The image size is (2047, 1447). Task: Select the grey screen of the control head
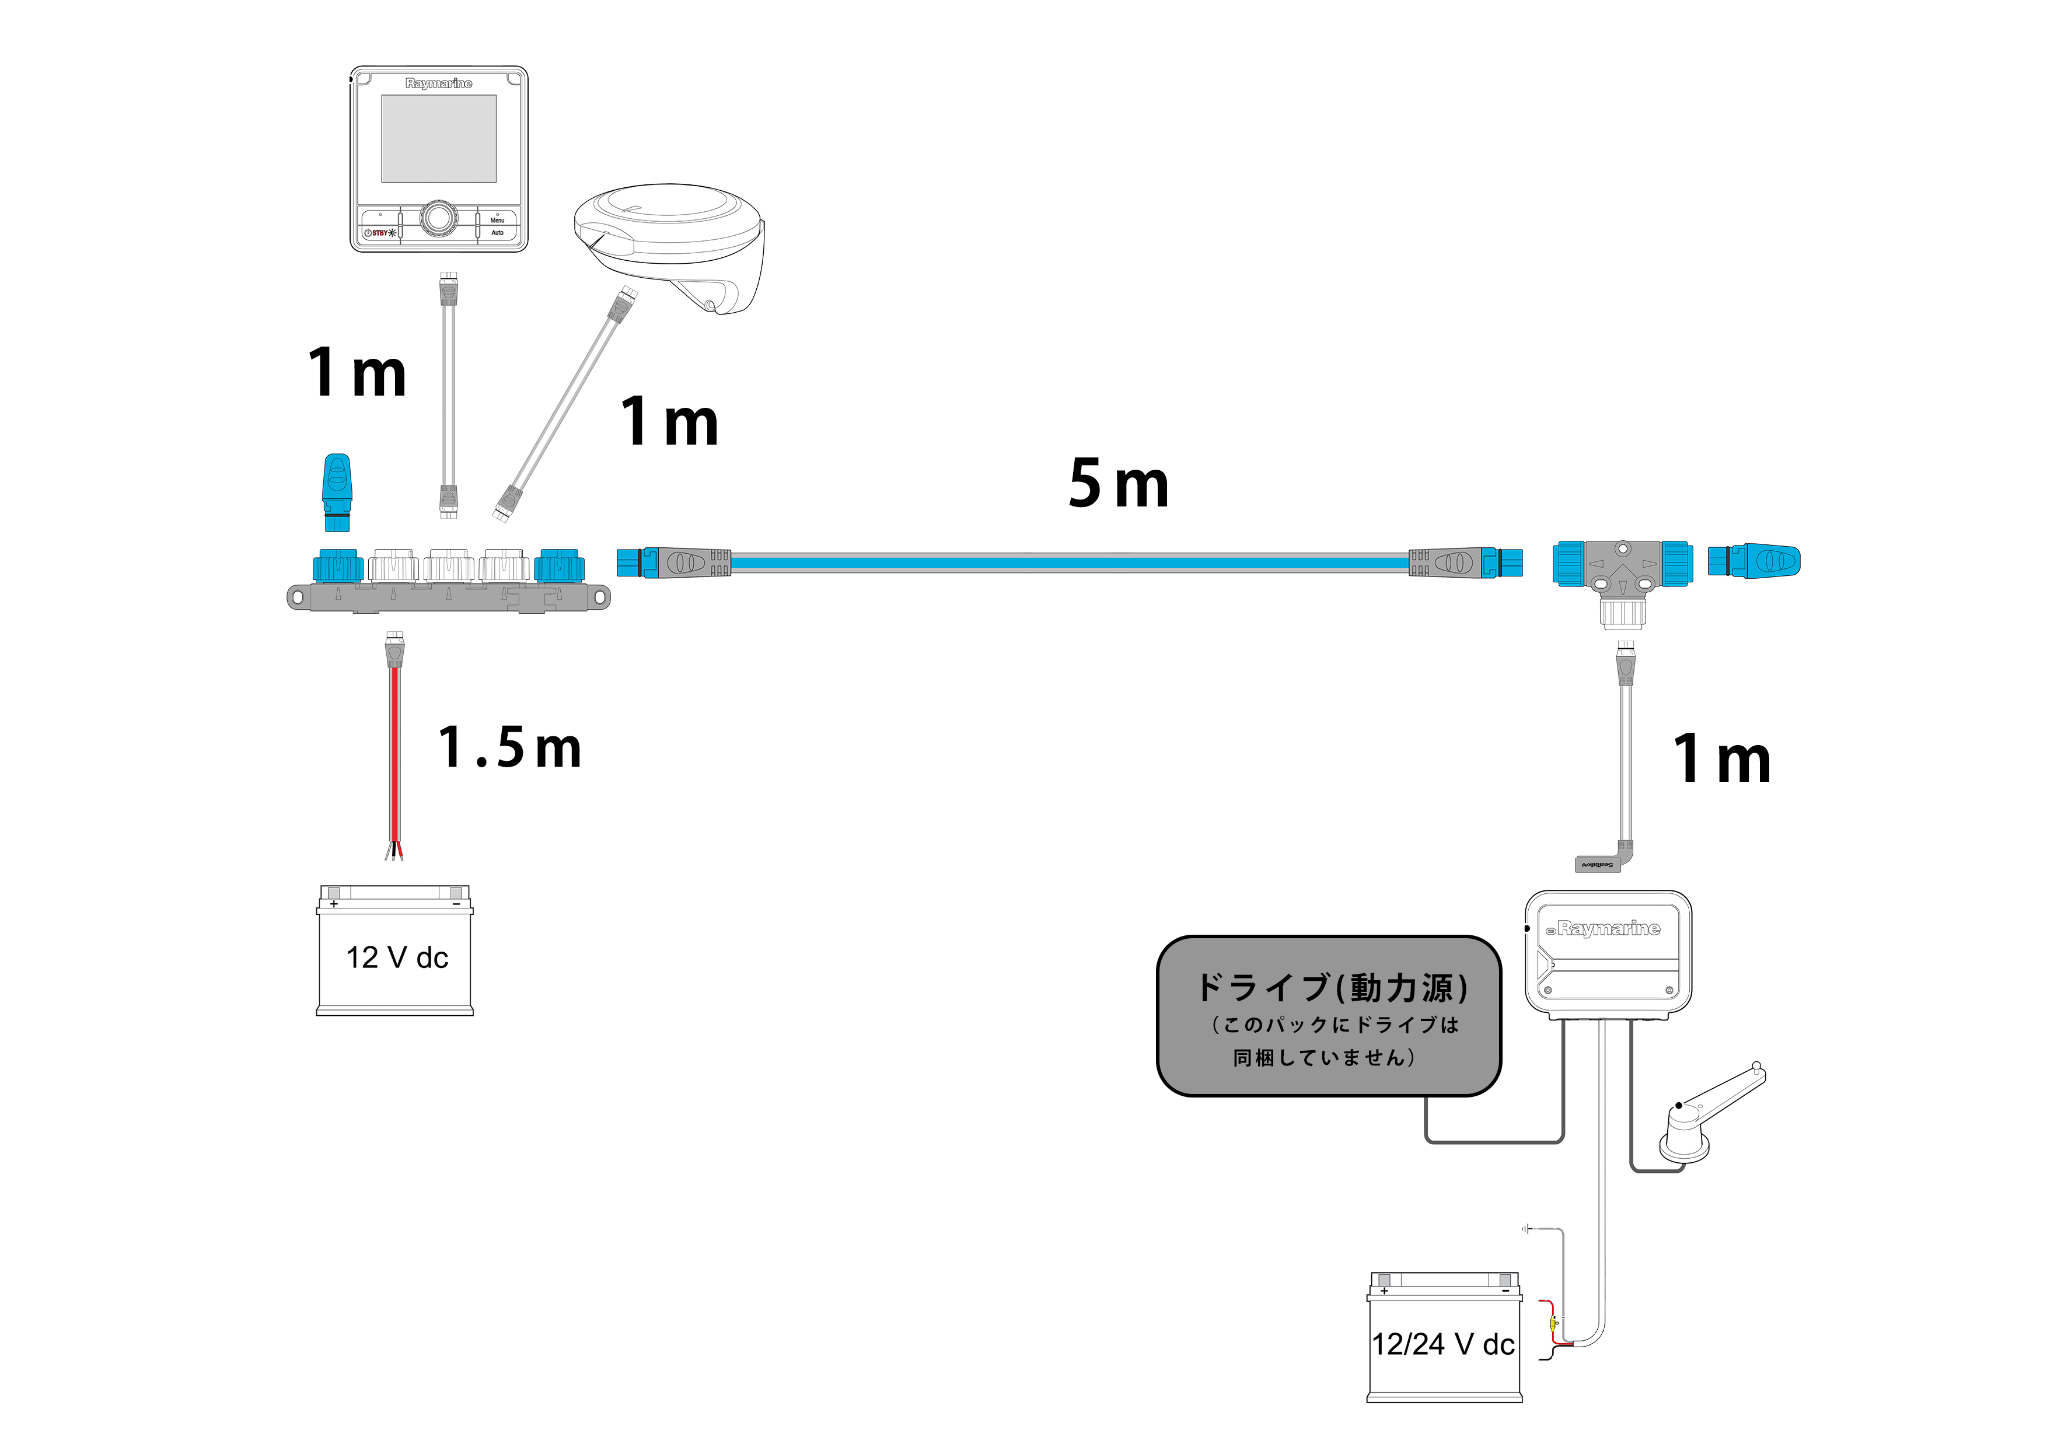click(x=439, y=138)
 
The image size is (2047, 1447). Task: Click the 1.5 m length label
click(x=509, y=747)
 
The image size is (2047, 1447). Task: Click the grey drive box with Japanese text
click(x=1329, y=1016)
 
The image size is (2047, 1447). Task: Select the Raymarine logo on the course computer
click(x=1608, y=929)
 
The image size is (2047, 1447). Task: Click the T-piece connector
click(x=1623, y=571)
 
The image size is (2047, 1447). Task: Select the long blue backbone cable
click(x=1070, y=562)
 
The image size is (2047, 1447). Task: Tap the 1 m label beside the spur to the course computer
click(x=1721, y=760)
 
